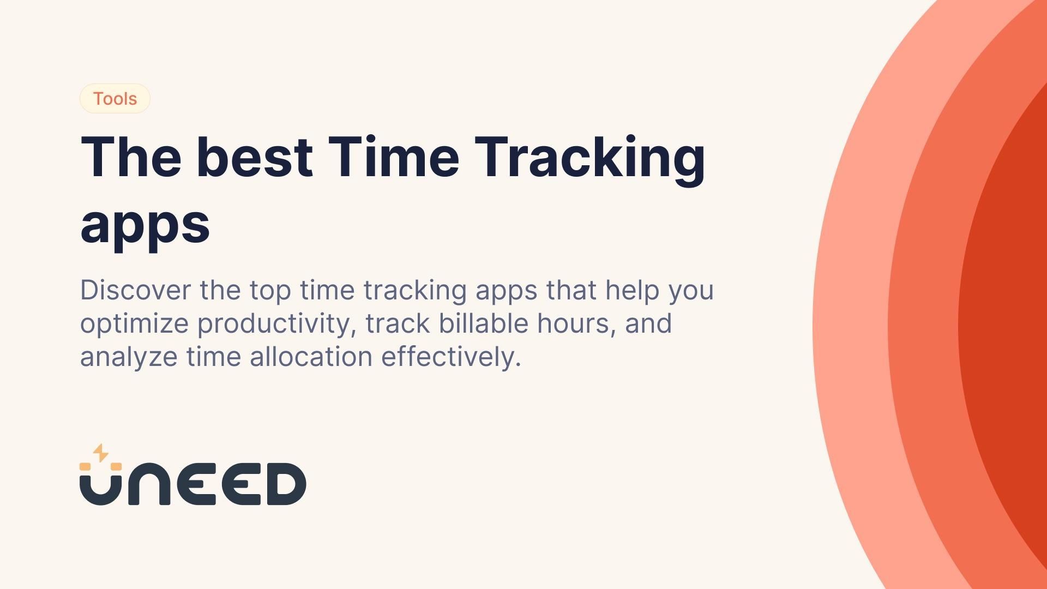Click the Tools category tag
coord(115,99)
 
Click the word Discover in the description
coord(135,290)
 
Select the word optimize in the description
coord(134,324)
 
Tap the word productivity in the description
coord(276,324)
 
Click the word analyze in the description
coord(129,358)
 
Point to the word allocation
coord(311,357)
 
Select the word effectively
coord(450,357)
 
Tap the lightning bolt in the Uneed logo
coord(100,453)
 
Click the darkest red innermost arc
coord(1009,327)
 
